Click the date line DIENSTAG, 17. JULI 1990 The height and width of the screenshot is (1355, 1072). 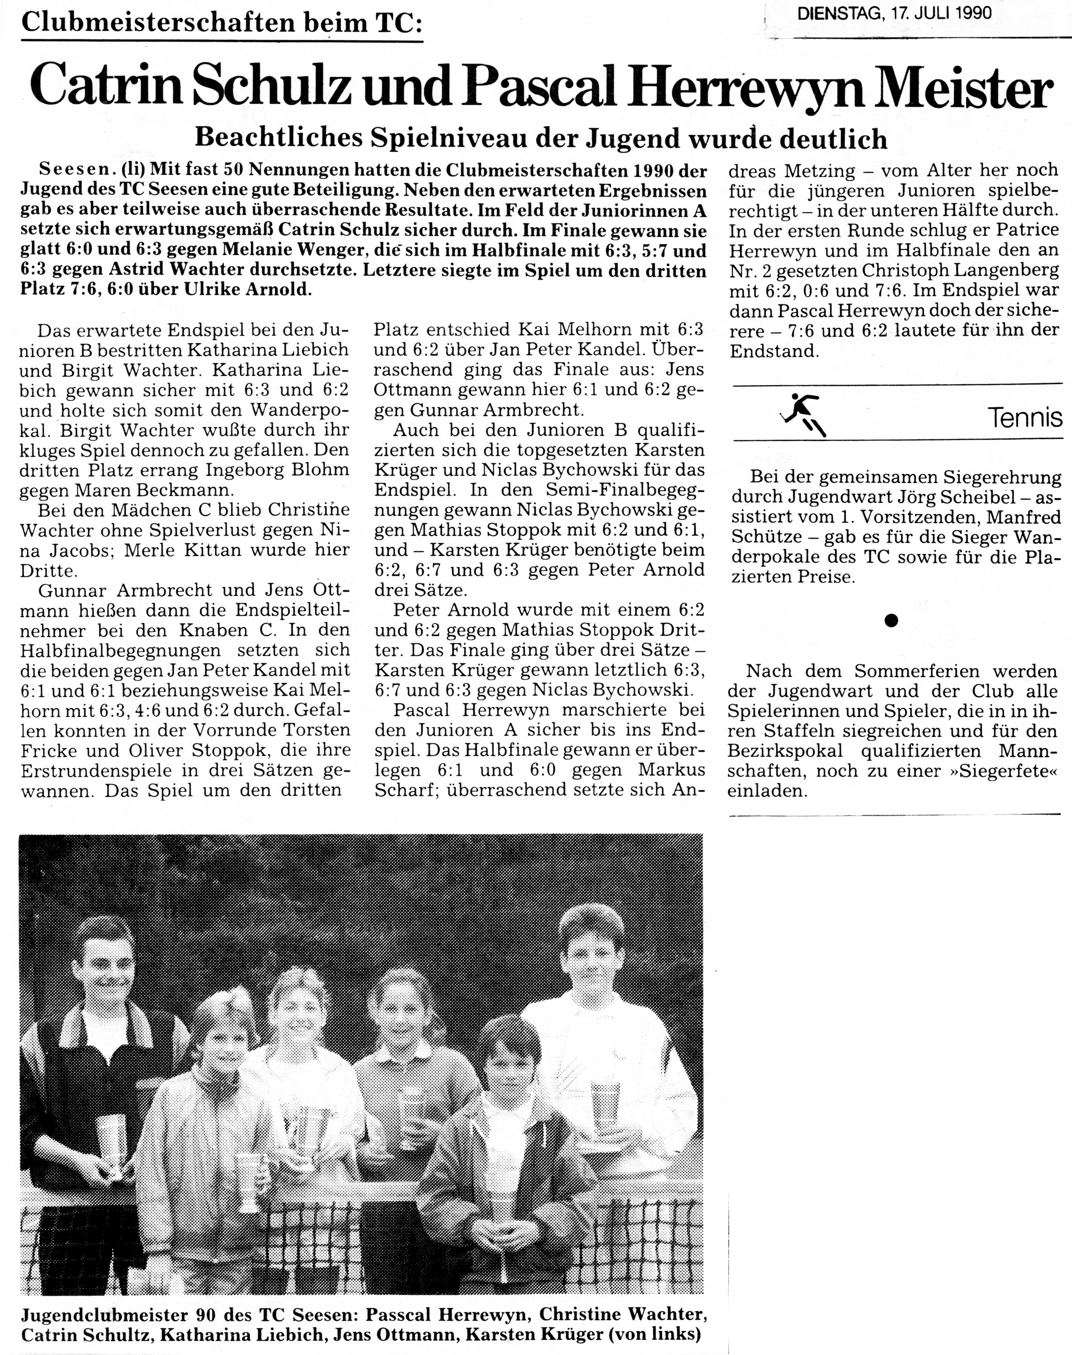(x=894, y=13)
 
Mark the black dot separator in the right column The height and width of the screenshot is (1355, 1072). (x=890, y=621)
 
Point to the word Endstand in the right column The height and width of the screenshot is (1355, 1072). (x=774, y=351)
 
